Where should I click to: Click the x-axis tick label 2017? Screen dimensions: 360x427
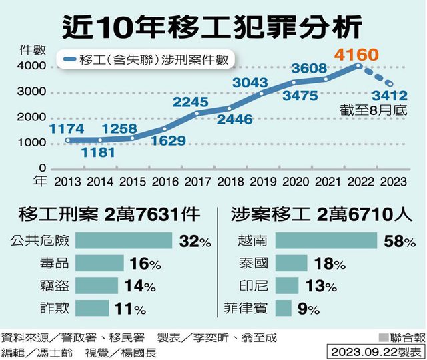(x=197, y=180)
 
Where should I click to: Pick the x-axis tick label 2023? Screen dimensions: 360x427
(x=393, y=180)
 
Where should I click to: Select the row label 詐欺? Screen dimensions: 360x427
(x=55, y=309)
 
